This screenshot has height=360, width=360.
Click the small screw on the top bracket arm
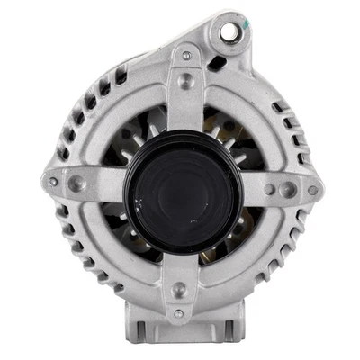(186, 56)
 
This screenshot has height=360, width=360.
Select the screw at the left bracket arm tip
(53, 182)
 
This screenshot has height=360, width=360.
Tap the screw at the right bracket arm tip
(312, 190)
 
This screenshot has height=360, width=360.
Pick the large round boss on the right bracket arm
(286, 190)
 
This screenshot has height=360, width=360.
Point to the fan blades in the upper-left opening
(135, 135)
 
